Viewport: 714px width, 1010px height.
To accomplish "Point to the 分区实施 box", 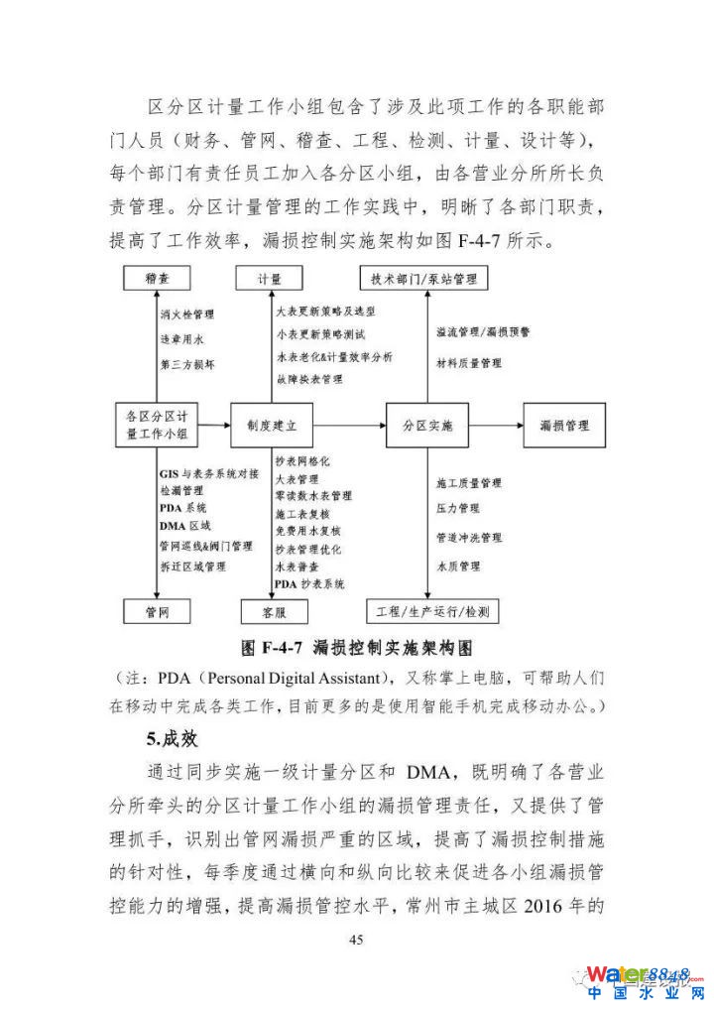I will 426,426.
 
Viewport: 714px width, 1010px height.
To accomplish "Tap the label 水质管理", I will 458,567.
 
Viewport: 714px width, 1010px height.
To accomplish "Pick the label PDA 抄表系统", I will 309,585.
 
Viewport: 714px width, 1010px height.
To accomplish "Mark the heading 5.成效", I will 172,738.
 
